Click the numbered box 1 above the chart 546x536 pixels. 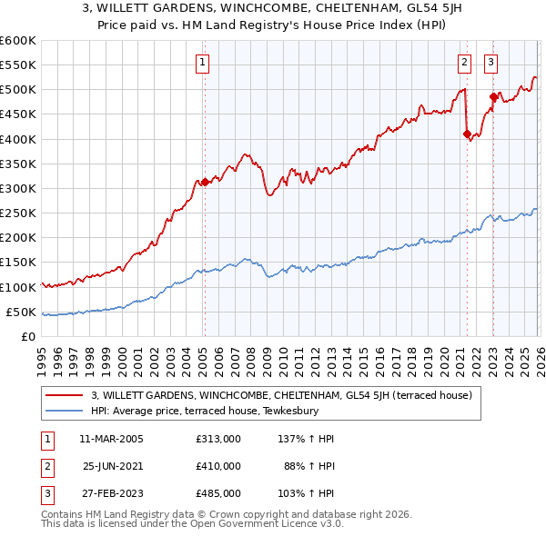point(201,63)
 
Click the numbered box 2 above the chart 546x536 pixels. point(464,63)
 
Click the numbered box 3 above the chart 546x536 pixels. point(490,63)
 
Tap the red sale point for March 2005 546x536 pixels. point(205,182)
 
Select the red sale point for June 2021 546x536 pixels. point(467,134)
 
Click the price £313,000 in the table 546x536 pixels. point(217,439)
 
